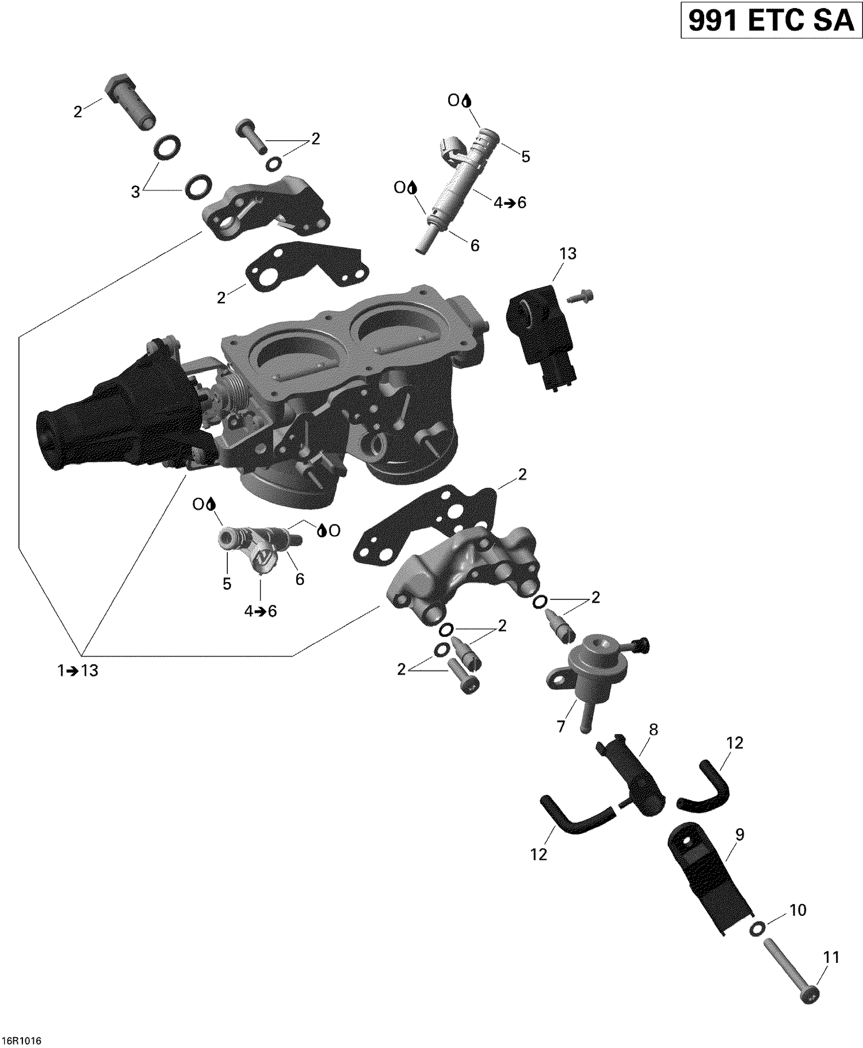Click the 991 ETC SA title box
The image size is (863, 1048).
pyautogui.click(x=771, y=21)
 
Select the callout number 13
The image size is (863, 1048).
pyautogui.click(x=567, y=254)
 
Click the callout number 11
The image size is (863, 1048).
pyautogui.click(x=831, y=958)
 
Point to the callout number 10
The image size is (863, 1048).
pyautogui.click(x=797, y=911)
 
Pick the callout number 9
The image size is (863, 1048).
pyautogui.click(x=739, y=835)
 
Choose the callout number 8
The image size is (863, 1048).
pyautogui.click(x=653, y=729)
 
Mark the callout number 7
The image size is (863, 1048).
pyautogui.click(x=562, y=726)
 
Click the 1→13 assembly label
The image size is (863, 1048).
pyautogui.click(x=78, y=671)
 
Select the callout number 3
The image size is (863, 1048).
pyautogui.click(x=135, y=192)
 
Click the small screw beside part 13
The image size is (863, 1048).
pyautogui.click(x=580, y=297)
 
